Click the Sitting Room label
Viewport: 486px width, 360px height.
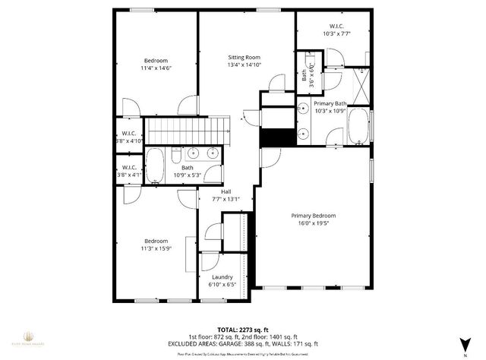(245, 57)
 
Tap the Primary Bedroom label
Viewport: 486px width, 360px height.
(313, 215)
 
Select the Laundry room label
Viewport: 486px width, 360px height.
(222, 277)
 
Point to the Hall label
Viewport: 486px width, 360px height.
(226, 191)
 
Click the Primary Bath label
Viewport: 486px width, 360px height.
(330, 103)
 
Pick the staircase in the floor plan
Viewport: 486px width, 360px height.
(187, 131)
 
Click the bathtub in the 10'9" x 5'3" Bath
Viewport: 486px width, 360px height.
(154, 166)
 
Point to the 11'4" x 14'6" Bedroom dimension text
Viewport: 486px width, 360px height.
(156, 68)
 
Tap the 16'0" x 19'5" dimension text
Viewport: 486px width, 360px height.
(313, 223)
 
